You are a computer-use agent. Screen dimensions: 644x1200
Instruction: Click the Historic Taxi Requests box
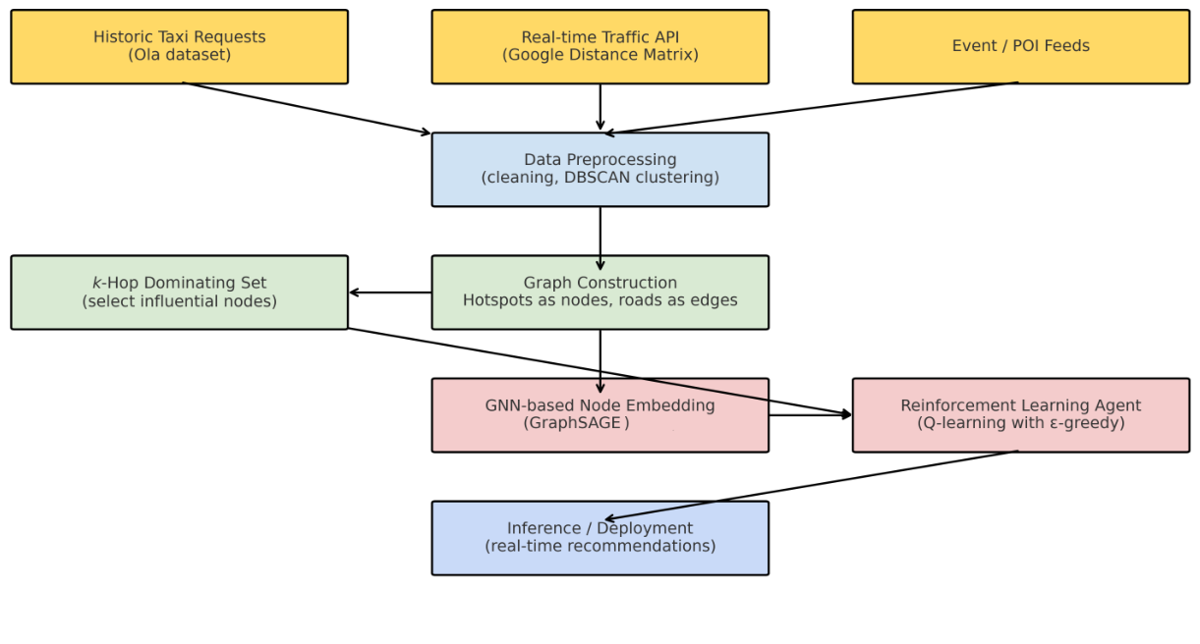pyautogui.click(x=179, y=46)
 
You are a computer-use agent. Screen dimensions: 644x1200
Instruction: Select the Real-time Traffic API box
pyautogui.click(x=600, y=46)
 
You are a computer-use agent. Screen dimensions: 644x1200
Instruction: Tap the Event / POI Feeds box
pyautogui.click(x=1020, y=46)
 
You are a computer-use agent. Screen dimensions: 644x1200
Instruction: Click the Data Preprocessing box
pyautogui.click(x=600, y=169)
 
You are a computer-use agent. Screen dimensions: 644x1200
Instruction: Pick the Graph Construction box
pyautogui.click(x=600, y=292)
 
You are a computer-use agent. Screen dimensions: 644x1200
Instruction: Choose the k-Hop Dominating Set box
pyautogui.click(x=179, y=292)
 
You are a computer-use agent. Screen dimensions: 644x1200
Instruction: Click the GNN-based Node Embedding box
pyautogui.click(x=600, y=414)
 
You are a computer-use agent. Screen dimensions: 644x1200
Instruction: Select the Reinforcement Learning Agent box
pyautogui.click(x=1020, y=414)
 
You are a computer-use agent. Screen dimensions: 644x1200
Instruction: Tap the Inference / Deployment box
pyautogui.click(x=600, y=538)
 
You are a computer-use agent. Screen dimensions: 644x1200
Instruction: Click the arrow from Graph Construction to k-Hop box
pyautogui.click(x=390, y=293)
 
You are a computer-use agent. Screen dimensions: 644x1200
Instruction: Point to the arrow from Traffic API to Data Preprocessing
pyautogui.click(x=600, y=107)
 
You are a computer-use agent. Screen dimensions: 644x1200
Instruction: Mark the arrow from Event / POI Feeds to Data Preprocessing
pyautogui.click(x=811, y=108)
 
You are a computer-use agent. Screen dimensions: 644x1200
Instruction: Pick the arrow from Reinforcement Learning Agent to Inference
pyautogui.click(x=811, y=485)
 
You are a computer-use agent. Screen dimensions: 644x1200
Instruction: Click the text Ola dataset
pyautogui.click(x=179, y=55)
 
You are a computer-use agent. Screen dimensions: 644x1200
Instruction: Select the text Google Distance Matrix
pyautogui.click(x=600, y=55)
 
